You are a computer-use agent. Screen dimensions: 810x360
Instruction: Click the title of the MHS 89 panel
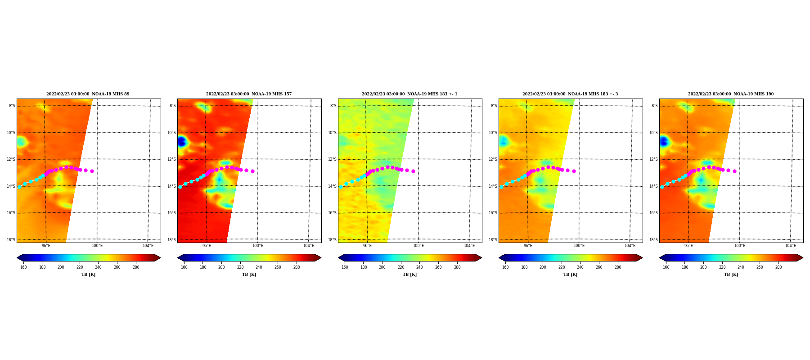pyautogui.click(x=88, y=94)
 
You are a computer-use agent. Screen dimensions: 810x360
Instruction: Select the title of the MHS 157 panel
pyautogui.click(x=249, y=94)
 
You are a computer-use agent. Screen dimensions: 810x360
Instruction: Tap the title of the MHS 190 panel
pyautogui.click(x=731, y=94)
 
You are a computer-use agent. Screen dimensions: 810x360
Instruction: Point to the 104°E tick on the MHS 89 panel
pyautogui.click(x=148, y=246)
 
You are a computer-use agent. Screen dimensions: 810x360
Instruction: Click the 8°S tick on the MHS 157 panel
pyautogui.click(x=173, y=106)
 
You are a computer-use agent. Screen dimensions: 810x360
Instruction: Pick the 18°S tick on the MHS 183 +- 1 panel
pyautogui.click(x=333, y=240)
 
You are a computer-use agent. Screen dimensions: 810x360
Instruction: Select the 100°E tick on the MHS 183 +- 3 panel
pyautogui.click(x=579, y=246)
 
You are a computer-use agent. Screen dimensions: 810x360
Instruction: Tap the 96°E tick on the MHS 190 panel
pyautogui.click(x=688, y=246)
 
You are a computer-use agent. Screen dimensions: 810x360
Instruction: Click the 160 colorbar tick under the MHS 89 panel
pyautogui.click(x=23, y=267)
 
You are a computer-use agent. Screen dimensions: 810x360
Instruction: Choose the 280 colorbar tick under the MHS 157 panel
pyautogui.click(x=297, y=267)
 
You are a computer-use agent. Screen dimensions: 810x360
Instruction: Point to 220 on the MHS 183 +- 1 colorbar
pyautogui.click(x=401, y=267)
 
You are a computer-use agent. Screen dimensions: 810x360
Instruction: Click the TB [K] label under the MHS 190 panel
pyautogui.click(x=731, y=274)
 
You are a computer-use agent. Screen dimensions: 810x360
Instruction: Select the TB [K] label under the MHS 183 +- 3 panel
pyautogui.click(x=570, y=274)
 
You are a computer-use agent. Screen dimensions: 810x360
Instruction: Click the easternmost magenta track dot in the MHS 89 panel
pyautogui.click(x=92, y=171)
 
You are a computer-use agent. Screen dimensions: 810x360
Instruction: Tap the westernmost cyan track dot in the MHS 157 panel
pyautogui.click(x=180, y=187)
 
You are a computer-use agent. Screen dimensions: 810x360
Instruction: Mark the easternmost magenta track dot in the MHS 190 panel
pyautogui.click(x=734, y=171)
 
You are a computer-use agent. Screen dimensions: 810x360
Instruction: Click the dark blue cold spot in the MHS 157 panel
pyautogui.click(x=181, y=141)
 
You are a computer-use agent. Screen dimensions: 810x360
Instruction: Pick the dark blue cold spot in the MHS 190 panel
pyautogui.click(x=663, y=141)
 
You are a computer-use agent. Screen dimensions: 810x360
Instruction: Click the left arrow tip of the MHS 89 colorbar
pyautogui.click(x=17, y=258)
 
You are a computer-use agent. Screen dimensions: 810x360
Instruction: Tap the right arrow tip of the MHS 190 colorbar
pyautogui.click(x=803, y=258)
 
